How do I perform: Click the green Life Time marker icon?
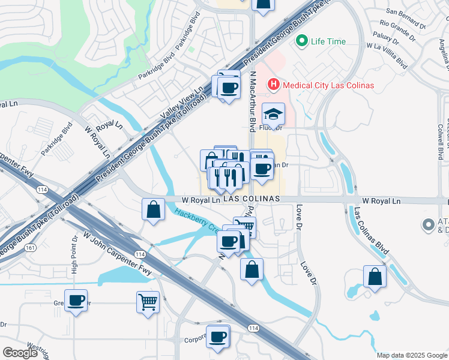[301, 41]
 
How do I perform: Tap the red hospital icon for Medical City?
[274, 85]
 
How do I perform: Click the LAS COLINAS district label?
[252, 198]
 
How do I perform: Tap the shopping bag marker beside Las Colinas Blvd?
[375, 277]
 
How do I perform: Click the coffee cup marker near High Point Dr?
[76, 301]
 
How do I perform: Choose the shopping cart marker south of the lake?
[148, 301]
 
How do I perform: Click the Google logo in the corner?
[20, 353]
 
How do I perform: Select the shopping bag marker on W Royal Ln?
[152, 210]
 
